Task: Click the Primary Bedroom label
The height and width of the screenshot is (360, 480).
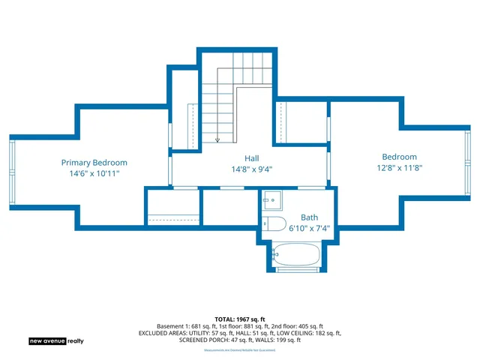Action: [94, 162]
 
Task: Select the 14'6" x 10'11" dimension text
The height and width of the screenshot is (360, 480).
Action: [94, 173]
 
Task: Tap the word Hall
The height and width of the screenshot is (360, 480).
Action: [251, 158]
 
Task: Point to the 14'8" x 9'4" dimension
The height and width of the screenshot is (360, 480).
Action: [251, 169]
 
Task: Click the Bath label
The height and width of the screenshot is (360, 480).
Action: [309, 217]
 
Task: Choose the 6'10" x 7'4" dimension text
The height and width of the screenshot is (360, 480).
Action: [309, 229]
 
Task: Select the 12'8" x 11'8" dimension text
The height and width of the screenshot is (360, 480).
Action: [399, 168]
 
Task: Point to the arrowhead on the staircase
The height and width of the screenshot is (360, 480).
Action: [217, 139]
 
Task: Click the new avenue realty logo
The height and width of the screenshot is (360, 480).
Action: [56, 340]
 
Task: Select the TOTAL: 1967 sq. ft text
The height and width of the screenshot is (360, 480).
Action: [240, 319]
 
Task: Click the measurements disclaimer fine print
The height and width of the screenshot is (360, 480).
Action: [240, 350]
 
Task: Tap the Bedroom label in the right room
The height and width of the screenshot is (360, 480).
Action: [399, 157]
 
